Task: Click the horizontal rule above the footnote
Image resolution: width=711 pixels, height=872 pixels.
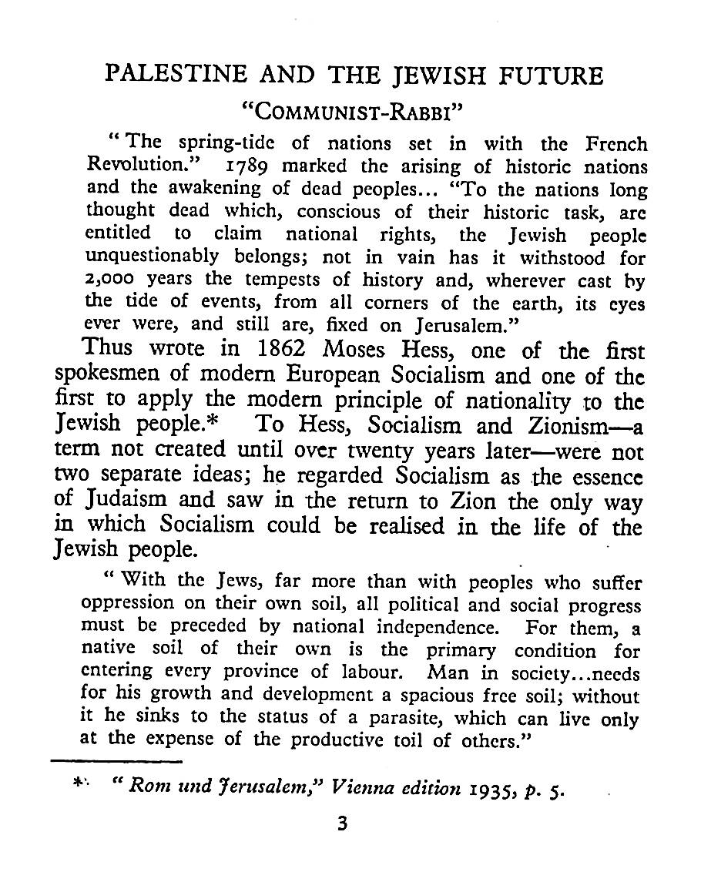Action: (116, 763)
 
